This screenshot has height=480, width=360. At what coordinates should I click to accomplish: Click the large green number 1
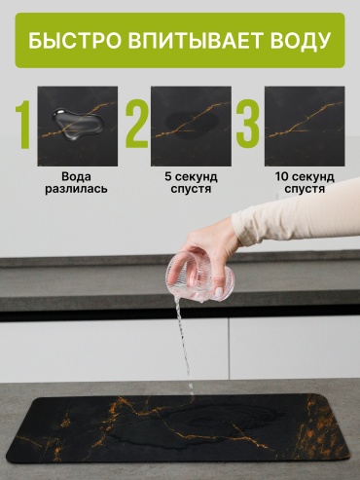click(22, 125)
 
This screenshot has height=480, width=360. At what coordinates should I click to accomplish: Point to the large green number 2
click(137, 125)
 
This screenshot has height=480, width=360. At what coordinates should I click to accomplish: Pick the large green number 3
click(248, 125)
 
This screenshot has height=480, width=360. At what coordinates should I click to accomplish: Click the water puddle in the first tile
click(78, 124)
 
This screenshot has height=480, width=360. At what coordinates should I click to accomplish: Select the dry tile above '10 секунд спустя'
click(305, 126)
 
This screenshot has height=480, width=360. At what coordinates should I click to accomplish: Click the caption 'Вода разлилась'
click(76, 183)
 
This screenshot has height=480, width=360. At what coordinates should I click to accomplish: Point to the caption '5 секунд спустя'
click(191, 183)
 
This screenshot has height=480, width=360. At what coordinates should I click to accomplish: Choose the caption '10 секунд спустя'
click(305, 183)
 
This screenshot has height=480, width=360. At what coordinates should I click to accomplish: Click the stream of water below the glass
click(183, 348)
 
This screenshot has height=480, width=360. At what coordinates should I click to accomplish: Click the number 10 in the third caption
click(282, 177)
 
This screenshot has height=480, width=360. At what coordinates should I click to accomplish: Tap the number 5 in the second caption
click(168, 177)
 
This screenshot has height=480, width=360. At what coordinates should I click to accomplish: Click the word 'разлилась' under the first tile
click(76, 189)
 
